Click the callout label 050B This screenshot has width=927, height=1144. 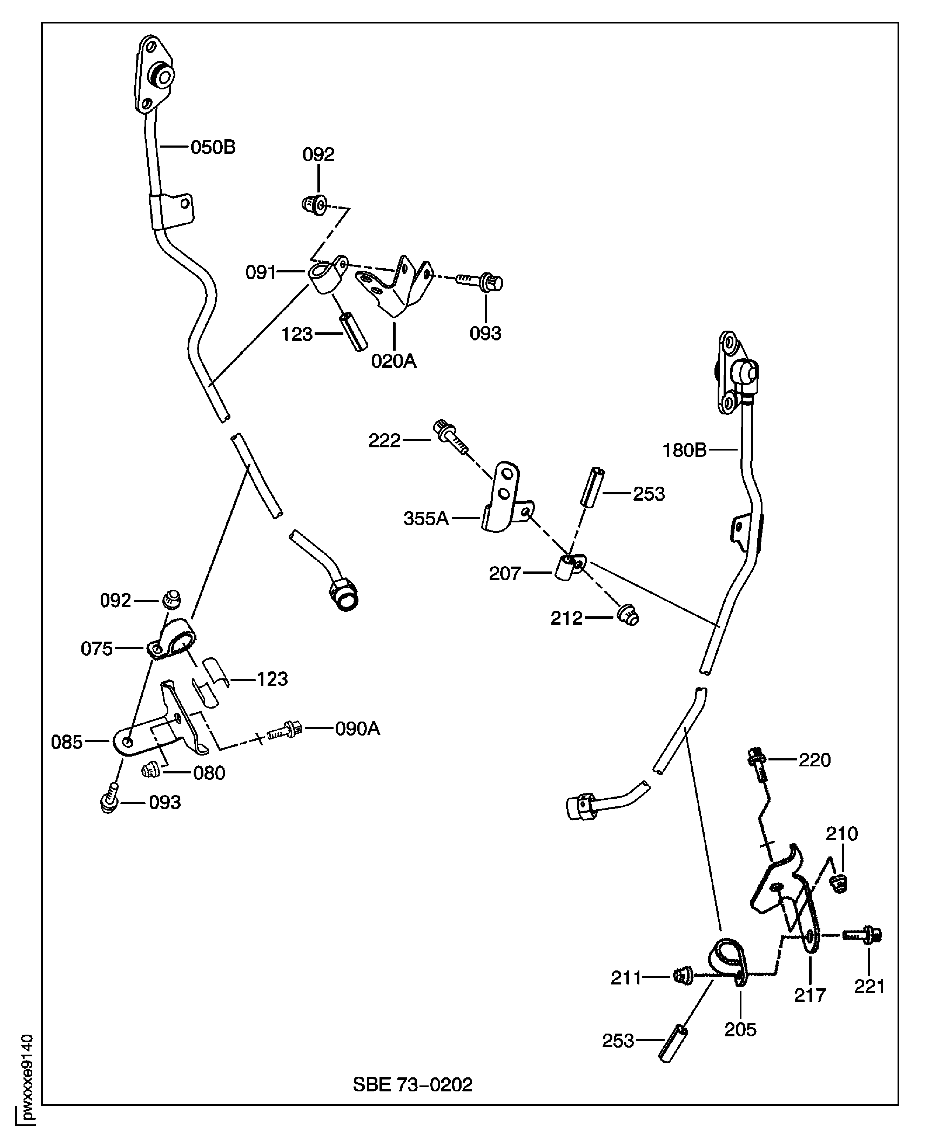(x=213, y=147)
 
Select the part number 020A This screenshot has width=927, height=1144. (x=393, y=361)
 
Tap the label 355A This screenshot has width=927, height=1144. (x=425, y=518)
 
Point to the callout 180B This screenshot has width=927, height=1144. (x=684, y=451)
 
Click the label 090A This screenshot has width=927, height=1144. (x=357, y=729)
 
